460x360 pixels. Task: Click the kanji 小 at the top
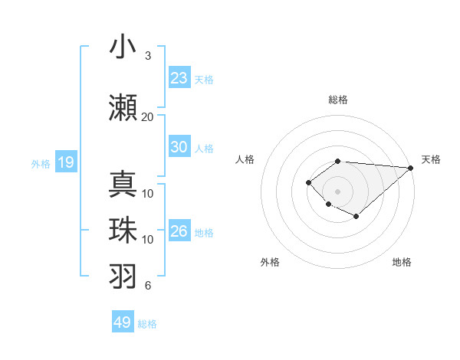[122, 47]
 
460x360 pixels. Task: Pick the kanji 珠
[122, 230]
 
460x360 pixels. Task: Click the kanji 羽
[122, 276]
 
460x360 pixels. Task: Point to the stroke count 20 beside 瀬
[147, 116]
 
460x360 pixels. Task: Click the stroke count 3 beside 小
[148, 56]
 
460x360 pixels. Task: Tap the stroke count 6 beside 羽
[148, 286]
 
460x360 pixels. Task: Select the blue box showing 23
[179, 77]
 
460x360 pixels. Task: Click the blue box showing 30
[179, 147]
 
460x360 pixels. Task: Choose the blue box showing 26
[179, 231]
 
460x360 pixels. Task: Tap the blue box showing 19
[65, 162]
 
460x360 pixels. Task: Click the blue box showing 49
[123, 322]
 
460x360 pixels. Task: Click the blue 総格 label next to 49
[148, 324]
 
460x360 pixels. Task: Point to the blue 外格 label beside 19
[41, 163]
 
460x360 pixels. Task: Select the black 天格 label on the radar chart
[431, 159]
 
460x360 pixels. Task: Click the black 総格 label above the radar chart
[338, 100]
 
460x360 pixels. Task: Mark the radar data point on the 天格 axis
[412, 168]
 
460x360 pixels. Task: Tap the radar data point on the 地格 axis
[356, 217]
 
